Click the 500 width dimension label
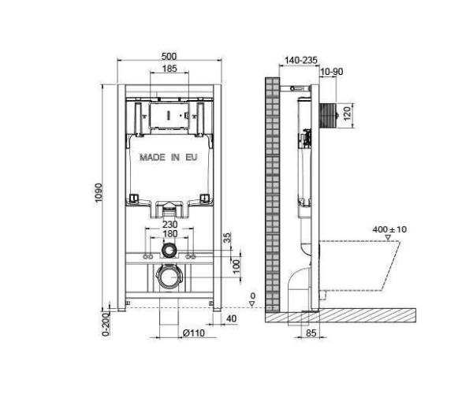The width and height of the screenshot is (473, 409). click(169, 55)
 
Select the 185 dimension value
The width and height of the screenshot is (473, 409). click(169, 69)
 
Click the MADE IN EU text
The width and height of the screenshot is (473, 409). click(168, 158)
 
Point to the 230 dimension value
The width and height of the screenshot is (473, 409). click(168, 224)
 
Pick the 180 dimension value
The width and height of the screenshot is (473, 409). click(168, 234)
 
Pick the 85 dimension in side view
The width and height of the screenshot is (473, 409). click(311, 333)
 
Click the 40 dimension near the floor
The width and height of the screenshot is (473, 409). click(232, 318)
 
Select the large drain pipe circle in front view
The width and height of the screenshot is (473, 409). click(168, 278)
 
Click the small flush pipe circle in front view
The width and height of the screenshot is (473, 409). click(168, 251)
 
